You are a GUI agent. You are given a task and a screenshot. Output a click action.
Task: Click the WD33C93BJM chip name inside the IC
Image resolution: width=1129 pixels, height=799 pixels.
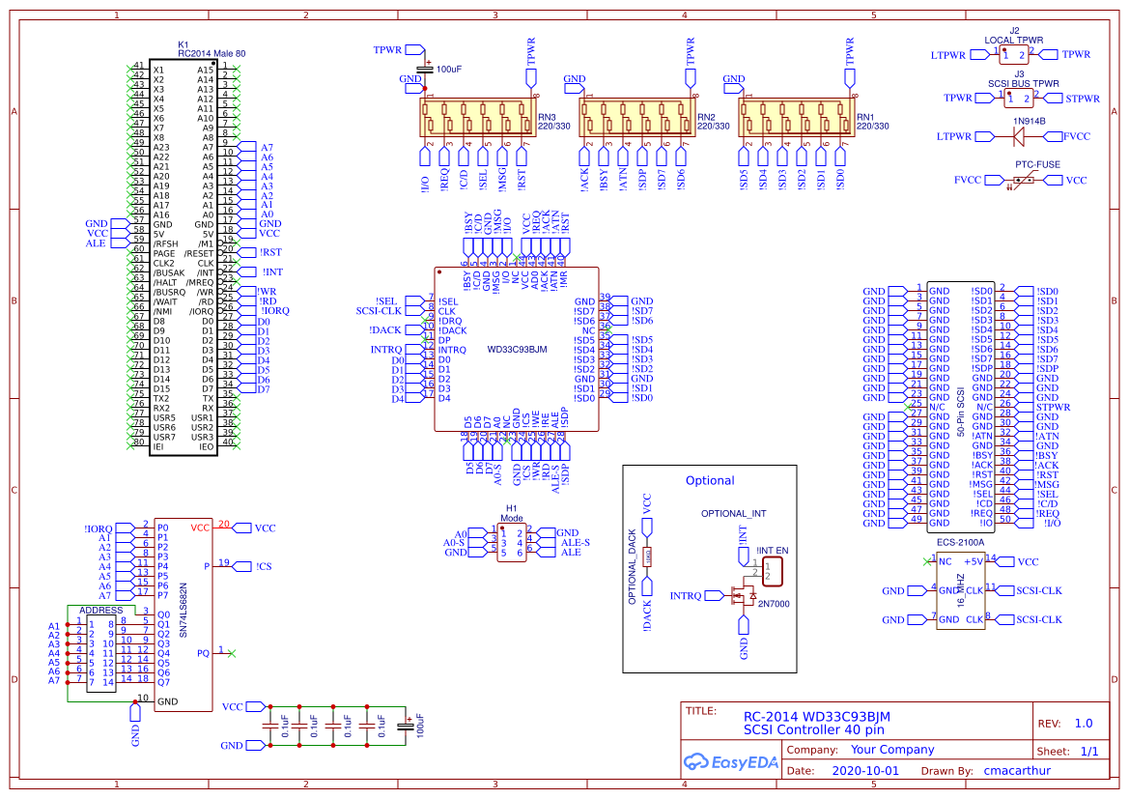518,349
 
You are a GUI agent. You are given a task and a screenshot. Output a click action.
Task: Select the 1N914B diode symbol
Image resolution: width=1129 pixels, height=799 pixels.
1018,136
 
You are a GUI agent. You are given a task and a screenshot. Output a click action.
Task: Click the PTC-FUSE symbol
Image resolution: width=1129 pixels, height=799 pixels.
1023,181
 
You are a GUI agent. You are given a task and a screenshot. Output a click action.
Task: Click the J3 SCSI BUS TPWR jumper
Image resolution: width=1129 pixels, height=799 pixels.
1019,98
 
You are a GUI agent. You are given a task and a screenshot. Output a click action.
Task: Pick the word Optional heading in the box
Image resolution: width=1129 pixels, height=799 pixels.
710,480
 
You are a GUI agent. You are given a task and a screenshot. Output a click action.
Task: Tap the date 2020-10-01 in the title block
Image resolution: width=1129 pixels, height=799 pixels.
864,771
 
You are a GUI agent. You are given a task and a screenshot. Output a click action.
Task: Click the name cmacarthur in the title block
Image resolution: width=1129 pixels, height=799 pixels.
1016,771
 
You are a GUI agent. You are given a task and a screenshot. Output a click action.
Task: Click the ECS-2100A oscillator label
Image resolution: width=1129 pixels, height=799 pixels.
960,543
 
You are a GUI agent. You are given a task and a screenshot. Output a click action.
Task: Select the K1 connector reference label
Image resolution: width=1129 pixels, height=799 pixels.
183,44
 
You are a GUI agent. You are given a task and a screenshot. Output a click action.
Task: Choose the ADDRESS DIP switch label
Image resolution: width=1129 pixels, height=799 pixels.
100,611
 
